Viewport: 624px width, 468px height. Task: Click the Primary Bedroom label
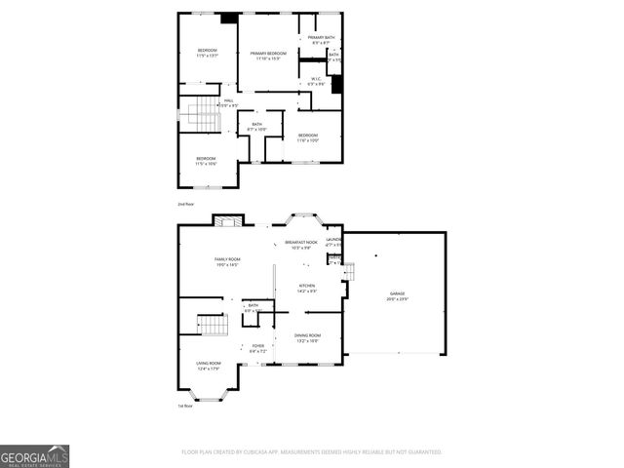click(268, 56)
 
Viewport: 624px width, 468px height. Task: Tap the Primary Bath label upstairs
click(322, 39)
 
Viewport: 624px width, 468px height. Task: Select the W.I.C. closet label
click(316, 81)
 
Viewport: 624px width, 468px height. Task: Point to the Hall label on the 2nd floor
click(228, 102)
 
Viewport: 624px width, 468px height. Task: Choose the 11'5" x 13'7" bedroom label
click(207, 53)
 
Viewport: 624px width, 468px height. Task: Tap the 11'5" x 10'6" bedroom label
click(206, 161)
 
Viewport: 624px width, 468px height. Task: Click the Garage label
click(398, 295)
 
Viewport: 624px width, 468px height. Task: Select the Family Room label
click(227, 261)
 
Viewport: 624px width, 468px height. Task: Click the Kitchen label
click(308, 288)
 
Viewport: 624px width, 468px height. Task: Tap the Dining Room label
click(308, 337)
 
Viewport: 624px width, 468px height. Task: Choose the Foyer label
click(258, 348)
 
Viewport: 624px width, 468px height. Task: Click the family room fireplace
click(226, 221)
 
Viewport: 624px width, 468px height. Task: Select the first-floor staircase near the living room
click(210, 325)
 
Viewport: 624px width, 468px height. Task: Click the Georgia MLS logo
click(34, 455)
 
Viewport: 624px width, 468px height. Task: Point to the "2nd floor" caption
click(185, 205)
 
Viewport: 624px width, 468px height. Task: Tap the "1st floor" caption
click(184, 406)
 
